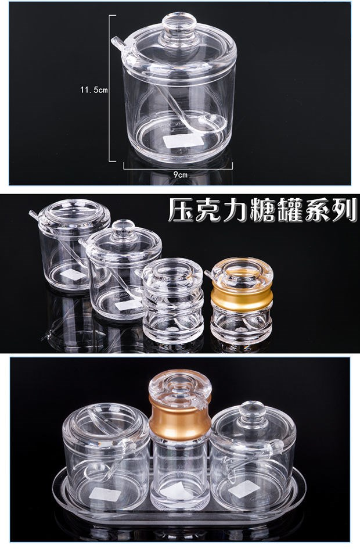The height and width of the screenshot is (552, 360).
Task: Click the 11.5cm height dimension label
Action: click(x=94, y=89)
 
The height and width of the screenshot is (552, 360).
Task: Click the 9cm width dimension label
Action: click(x=180, y=174)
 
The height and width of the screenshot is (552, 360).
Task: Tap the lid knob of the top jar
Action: click(x=179, y=24)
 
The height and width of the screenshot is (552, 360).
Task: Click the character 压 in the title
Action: click(x=182, y=210)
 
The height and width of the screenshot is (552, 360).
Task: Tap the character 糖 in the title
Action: click(x=263, y=210)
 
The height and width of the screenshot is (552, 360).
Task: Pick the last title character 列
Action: click(x=344, y=210)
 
